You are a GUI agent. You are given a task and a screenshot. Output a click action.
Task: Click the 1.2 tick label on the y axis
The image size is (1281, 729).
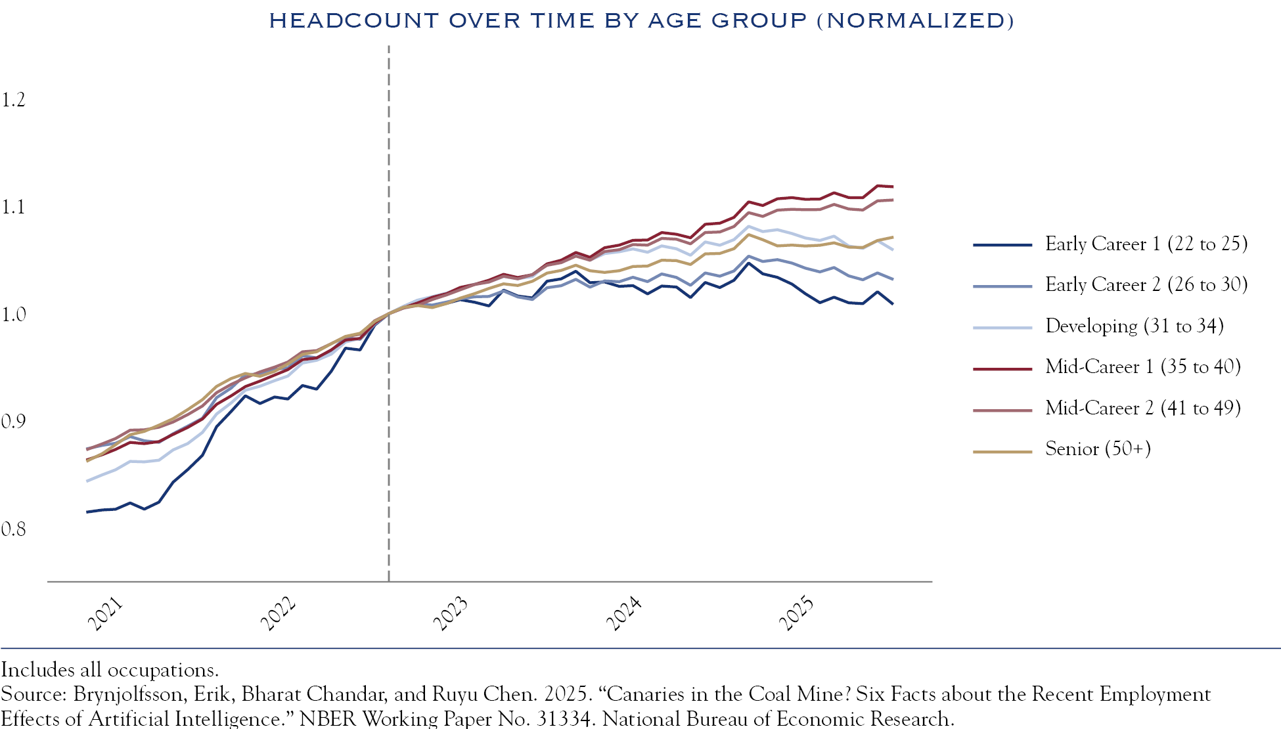pyautogui.click(x=13, y=100)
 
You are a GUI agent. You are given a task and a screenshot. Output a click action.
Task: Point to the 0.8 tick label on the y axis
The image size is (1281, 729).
pyautogui.click(x=13, y=529)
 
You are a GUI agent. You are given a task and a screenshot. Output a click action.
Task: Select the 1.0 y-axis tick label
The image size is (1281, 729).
pyautogui.click(x=13, y=315)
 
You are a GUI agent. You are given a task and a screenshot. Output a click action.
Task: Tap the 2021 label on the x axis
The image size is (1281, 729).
pyautogui.click(x=105, y=613)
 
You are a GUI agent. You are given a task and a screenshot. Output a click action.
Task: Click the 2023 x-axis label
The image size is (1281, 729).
pyautogui.click(x=451, y=613)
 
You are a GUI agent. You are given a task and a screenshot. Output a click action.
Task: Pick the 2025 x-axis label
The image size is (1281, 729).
pyautogui.click(x=796, y=613)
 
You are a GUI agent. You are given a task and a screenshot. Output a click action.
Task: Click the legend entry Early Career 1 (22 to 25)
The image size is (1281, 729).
pyautogui.click(x=1146, y=244)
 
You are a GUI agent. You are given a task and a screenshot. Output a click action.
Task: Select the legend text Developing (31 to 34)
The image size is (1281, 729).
pyautogui.click(x=1134, y=326)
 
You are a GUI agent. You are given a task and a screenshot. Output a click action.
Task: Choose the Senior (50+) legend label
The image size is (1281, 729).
pyautogui.click(x=1098, y=449)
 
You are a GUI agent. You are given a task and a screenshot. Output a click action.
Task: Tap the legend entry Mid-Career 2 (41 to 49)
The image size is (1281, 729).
pyautogui.click(x=1142, y=408)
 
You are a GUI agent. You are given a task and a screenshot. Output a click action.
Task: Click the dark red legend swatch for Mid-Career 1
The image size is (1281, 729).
pyautogui.click(x=1002, y=369)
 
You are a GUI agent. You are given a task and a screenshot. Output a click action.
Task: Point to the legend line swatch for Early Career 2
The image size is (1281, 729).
pyautogui.click(x=1002, y=286)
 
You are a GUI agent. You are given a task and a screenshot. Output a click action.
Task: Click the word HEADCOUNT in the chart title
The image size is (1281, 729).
pyautogui.click(x=353, y=20)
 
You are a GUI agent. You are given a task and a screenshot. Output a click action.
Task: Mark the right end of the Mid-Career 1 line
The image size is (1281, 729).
pyautogui.click(x=892, y=187)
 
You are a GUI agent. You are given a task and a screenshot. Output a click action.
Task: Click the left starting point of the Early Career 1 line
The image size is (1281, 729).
pyautogui.click(x=87, y=512)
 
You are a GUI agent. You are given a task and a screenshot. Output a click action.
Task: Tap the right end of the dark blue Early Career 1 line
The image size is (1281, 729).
pyautogui.click(x=892, y=304)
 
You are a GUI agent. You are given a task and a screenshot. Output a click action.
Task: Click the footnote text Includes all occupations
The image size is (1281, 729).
pyautogui.click(x=110, y=670)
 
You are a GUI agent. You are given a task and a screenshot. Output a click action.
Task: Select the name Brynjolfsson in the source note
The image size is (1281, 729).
pyautogui.click(x=127, y=694)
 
